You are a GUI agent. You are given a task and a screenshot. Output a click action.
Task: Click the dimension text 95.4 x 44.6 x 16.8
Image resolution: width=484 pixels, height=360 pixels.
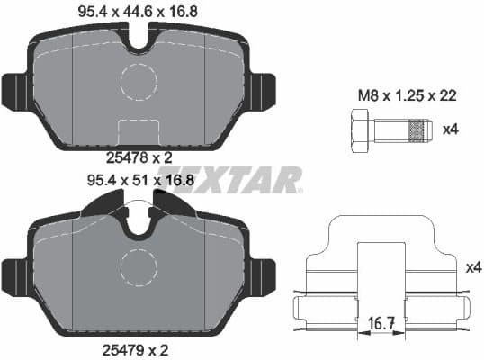pyautogui.click(x=139, y=12)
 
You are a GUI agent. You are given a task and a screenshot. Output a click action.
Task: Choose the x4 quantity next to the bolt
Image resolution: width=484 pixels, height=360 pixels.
pyautogui.click(x=453, y=130)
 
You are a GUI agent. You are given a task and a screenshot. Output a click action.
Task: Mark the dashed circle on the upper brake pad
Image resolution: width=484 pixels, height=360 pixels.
pyautogui.click(x=139, y=82)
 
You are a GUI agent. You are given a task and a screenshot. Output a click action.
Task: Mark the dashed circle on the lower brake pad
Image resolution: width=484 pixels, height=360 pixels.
pyautogui.click(x=139, y=265)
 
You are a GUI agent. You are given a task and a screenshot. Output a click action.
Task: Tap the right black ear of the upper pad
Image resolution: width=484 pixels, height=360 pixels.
pyautogui.click(x=260, y=89)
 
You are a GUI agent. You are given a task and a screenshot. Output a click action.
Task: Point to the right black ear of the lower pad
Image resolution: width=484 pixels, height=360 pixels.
pyautogui.click(x=260, y=274)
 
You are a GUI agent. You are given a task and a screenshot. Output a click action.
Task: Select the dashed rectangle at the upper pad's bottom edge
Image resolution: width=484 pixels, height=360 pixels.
pyautogui.click(x=139, y=130)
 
